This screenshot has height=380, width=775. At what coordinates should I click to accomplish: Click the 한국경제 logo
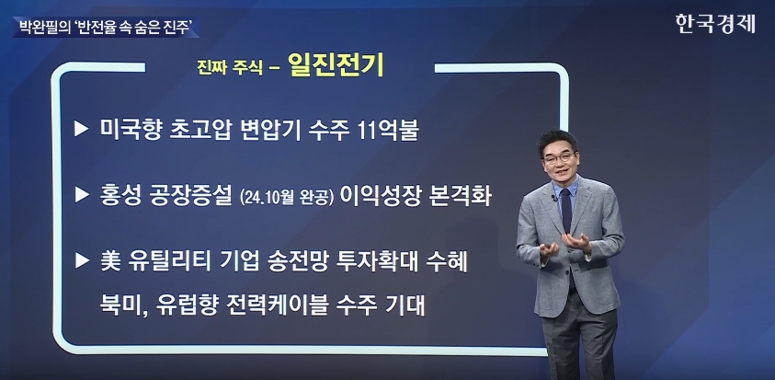715,24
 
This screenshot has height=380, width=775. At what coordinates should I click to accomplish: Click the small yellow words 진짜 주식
230,68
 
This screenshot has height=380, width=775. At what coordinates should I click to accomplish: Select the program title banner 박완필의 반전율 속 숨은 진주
106,28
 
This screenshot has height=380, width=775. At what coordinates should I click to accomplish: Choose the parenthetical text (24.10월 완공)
287,196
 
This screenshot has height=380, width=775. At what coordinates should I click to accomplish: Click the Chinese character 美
109,262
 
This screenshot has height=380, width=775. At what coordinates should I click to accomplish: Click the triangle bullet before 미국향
82,130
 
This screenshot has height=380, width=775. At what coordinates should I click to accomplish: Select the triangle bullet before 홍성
82,195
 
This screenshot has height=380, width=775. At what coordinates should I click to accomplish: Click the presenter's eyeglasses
559,158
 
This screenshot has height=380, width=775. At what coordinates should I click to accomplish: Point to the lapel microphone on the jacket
554,199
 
